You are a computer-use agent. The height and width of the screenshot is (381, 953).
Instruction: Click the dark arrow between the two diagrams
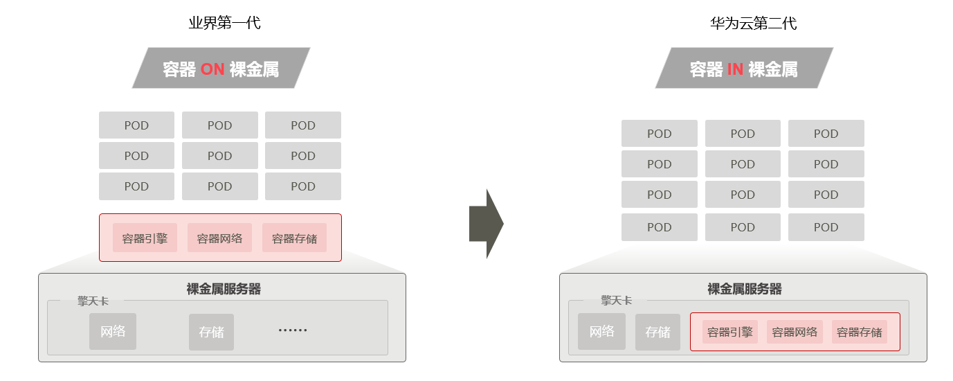click(486, 224)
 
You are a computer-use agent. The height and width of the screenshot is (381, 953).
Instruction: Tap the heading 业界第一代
click(224, 23)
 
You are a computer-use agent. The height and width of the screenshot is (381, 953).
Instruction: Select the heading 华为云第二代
click(754, 24)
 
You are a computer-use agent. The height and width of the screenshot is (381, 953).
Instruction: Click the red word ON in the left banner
click(212, 69)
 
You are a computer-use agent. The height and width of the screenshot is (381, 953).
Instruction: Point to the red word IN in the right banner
click(735, 69)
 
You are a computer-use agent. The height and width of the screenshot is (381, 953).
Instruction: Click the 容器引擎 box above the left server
click(145, 238)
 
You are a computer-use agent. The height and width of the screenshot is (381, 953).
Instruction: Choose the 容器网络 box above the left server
click(219, 238)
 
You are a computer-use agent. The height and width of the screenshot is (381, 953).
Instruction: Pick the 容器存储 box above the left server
click(294, 238)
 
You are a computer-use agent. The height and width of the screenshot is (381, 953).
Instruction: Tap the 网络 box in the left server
click(113, 331)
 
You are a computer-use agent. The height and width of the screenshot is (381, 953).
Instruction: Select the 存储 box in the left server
click(211, 332)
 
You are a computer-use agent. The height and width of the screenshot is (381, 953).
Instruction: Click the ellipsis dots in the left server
click(292, 330)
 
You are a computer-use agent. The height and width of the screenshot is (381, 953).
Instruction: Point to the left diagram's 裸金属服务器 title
click(224, 289)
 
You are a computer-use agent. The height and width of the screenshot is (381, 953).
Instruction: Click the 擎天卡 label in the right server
click(616, 301)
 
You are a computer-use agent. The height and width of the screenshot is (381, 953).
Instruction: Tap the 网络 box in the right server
click(601, 332)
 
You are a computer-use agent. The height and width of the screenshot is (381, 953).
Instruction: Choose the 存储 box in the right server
click(657, 332)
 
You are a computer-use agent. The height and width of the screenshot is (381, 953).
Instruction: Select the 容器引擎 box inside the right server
click(730, 332)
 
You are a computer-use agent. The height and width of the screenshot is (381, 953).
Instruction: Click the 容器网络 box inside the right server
click(795, 332)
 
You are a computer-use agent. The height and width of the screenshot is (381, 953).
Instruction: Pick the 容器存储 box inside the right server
click(859, 332)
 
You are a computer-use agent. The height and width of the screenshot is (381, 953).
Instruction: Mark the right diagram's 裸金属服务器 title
click(745, 289)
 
